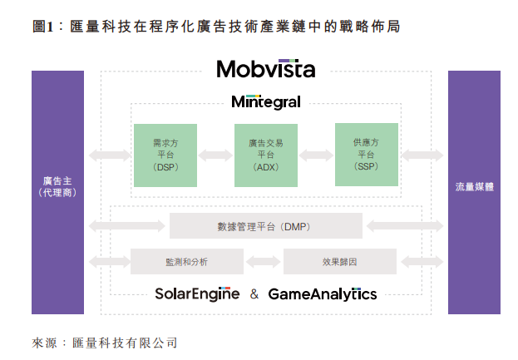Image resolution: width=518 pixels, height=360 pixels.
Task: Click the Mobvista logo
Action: (x=265, y=68)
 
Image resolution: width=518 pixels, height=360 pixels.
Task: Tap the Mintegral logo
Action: (x=265, y=102)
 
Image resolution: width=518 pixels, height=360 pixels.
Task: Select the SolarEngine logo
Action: (x=197, y=293)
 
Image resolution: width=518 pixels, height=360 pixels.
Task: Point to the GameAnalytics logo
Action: (x=322, y=293)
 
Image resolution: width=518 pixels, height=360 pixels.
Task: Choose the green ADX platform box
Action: (x=265, y=155)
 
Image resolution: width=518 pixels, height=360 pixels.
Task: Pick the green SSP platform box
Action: (x=366, y=155)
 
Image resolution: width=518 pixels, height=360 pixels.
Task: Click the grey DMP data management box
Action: (x=265, y=225)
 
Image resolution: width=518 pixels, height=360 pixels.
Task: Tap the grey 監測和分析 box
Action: (x=186, y=261)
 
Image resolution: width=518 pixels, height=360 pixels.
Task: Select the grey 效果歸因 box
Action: (x=339, y=261)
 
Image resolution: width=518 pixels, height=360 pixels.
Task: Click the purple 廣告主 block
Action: (x=57, y=192)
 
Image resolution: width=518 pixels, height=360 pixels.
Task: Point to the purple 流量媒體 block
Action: (x=474, y=192)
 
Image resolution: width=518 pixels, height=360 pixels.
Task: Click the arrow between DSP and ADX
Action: (x=215, y=155)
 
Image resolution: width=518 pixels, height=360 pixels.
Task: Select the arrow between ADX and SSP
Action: (x=316, y=155)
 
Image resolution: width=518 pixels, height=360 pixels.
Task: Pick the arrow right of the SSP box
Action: (x=421, y=155)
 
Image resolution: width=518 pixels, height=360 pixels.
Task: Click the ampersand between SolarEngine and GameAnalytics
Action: (x=254, y=294)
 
